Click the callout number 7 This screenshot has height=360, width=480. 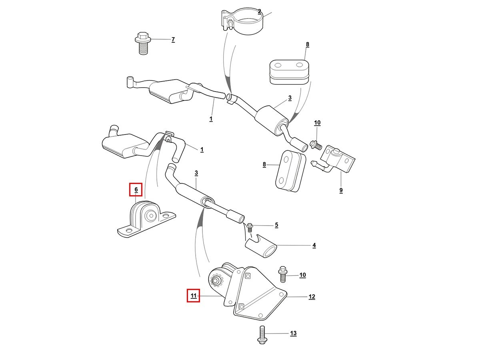[173, 40]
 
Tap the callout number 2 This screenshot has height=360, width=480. [259, 12]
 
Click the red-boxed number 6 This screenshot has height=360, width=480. [136, 189]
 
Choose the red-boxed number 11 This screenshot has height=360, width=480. [194, 296]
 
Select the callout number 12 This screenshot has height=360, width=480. [312, 297]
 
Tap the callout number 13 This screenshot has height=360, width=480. [293, 333]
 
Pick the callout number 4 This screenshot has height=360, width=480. [314, 245]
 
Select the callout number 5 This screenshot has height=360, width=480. [276, 225]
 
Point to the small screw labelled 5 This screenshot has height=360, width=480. [250, 228]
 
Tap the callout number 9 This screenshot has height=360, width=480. [341, 190]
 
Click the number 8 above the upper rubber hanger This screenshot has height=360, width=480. [307, 44]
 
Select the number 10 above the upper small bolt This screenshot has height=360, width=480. [317, 123]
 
